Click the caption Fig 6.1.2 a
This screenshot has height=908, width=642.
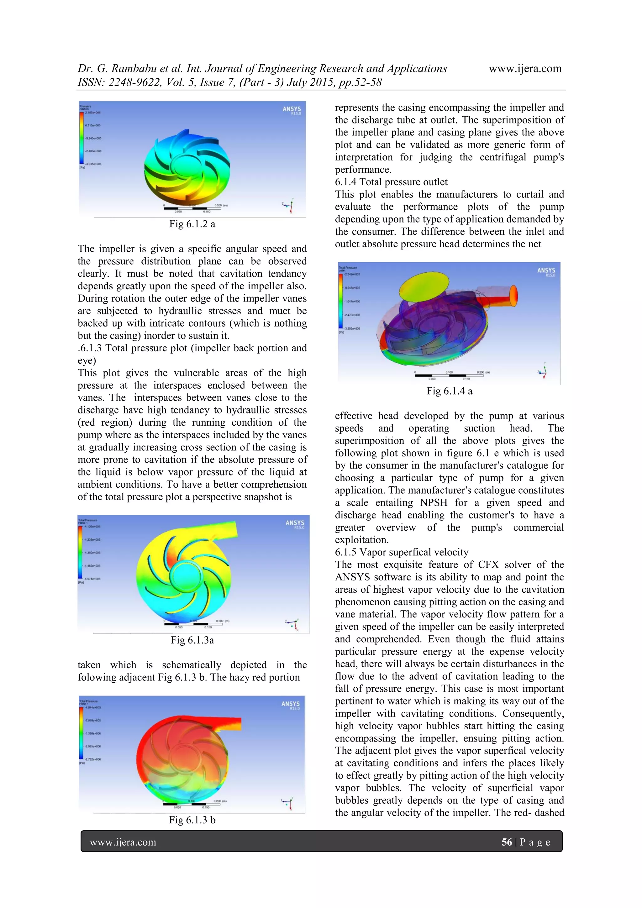pyautogui.click(x=192, y=224)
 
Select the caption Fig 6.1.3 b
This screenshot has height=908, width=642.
pyautogui.click(x=192, y=820)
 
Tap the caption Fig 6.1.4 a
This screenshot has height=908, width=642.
pyautogui.click(x=449, y=391)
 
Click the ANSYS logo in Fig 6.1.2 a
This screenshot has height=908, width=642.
pyautogui.click(x=292, y=110)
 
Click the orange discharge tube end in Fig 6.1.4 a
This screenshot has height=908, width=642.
pyautogui.click(x=513, y=296)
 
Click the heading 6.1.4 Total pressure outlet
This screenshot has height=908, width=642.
pyautogui.click(x=391, y=182)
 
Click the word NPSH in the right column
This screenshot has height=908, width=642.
pyautogui.click(x=434, y=503)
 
